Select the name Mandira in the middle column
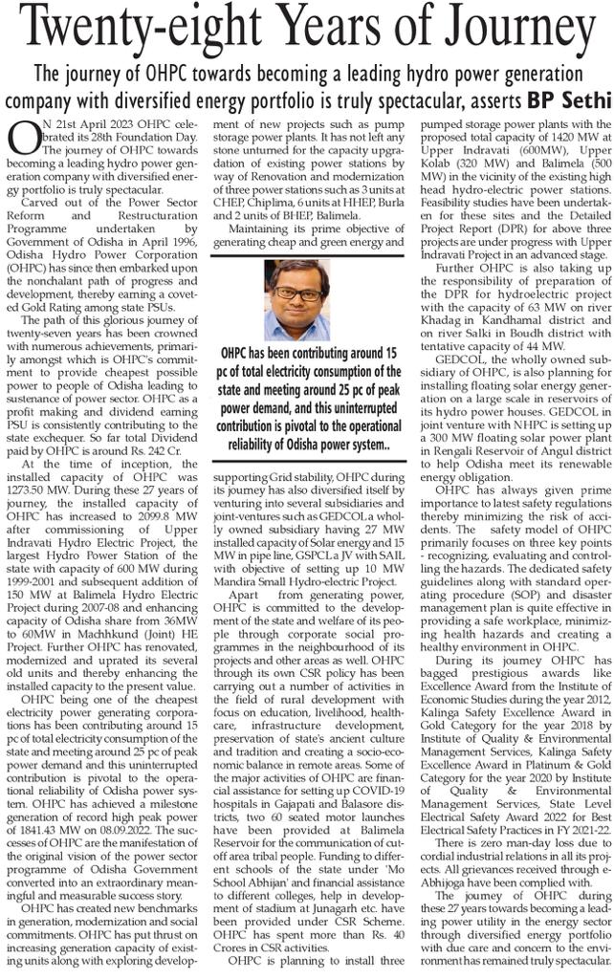tap(241, 553)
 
